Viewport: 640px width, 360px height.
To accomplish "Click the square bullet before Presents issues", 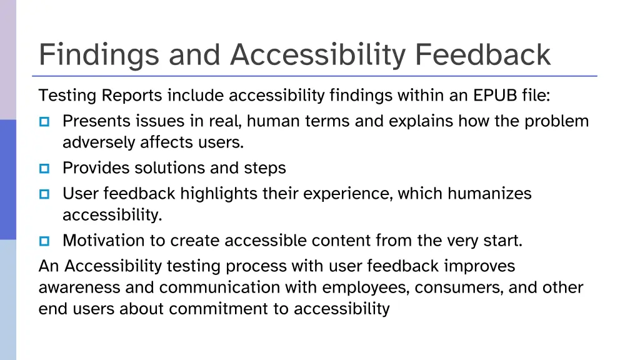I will [44, 121].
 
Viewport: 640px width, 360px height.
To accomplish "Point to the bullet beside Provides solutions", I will [44, 168].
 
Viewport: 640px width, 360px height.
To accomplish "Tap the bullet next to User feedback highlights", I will [44, 194].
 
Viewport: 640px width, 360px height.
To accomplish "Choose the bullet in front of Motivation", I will [44, 241].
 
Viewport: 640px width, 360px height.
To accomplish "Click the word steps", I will [265, 169].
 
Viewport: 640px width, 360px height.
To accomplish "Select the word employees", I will [367, 288].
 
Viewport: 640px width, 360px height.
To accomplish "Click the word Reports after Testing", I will [132, 96].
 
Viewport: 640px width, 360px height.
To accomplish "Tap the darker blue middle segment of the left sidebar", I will [7, 179].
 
